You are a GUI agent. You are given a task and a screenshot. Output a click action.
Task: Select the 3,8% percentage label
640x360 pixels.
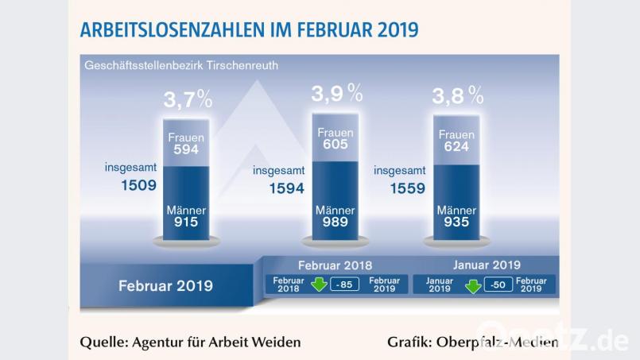457,96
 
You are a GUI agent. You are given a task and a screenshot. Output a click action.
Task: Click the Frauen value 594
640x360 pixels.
186,151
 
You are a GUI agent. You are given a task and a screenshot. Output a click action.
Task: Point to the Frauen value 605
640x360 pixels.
335,145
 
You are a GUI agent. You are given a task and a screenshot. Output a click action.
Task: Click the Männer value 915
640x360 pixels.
186,223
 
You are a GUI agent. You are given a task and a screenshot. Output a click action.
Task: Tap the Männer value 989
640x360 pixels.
335,223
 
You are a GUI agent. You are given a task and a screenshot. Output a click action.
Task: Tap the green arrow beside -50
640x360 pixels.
473,285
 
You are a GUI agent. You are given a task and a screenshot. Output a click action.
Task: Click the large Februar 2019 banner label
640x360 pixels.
165,285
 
